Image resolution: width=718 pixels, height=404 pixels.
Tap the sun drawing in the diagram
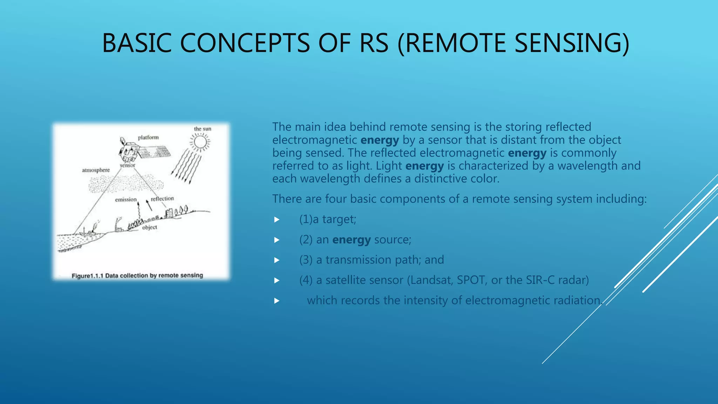click(200, 142)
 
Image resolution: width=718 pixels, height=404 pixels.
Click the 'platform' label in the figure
click(148, 137)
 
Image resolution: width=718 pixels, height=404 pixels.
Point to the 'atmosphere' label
click(96, 170)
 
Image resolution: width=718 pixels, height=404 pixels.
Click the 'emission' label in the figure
click(126, 200)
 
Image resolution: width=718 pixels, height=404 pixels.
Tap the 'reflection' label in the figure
click(162, 198)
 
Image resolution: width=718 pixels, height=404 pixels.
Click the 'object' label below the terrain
click(150, 227)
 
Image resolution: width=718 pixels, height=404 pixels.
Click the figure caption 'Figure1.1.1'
click(88, 276)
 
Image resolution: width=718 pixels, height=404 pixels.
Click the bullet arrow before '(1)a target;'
click(277, 220)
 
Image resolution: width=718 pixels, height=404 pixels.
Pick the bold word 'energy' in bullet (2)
click(351, 240)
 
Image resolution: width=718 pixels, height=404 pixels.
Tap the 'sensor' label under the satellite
click(127, 165)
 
